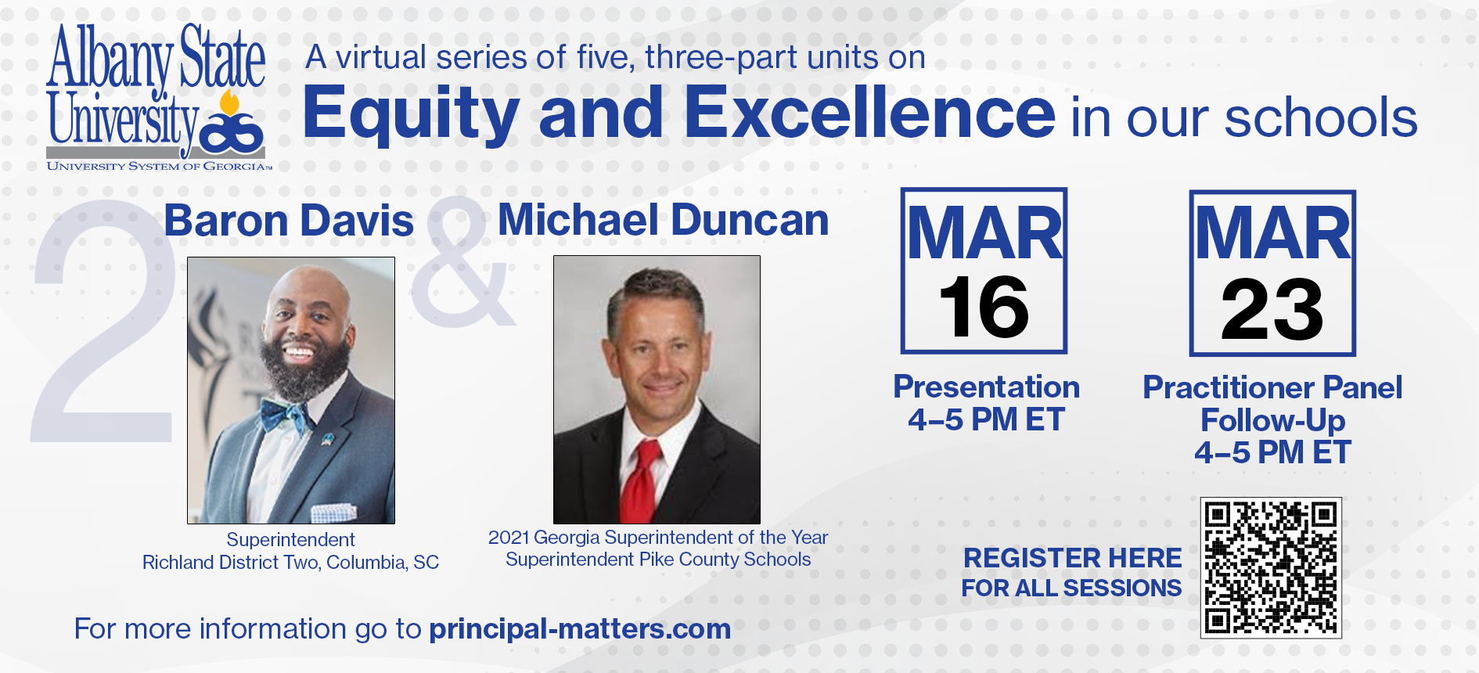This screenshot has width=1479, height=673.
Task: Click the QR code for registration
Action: tap(1271, 567)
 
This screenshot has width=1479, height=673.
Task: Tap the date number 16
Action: tap(984, 308)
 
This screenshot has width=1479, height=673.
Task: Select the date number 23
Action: tap(1272, 310)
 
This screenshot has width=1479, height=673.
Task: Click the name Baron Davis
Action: tap(289, 221)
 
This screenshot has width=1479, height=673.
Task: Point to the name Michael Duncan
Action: tap(664, 220)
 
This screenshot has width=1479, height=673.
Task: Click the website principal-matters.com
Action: tap(580, 628)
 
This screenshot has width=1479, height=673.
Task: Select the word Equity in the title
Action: tap(410, 114)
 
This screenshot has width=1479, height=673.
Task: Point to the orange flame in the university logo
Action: tap(229, 103)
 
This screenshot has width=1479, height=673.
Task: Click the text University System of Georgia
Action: tap(159, 166)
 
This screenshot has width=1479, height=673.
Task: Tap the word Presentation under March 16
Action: tap(987, 387)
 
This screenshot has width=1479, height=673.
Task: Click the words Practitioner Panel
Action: tap(1272, 387)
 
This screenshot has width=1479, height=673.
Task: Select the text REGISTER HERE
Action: tap(1072, 558)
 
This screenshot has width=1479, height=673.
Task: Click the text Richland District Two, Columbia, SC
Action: tap(290, 562)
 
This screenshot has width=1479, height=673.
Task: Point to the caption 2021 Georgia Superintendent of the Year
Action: tap(657, 537)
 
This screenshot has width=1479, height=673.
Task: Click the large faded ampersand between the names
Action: tap(463, 262)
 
